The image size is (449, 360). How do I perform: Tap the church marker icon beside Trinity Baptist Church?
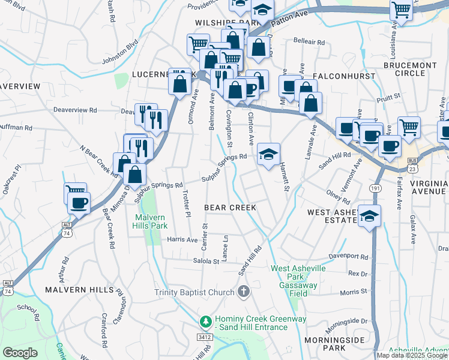[243, 293]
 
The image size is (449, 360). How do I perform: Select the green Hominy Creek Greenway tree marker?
[206, 322]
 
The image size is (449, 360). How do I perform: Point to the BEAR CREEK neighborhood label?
[230, 208]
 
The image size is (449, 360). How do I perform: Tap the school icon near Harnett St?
[268, 154]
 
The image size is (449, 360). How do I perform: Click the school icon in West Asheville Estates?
[369, 216]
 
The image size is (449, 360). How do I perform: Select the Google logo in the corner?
[20, 353]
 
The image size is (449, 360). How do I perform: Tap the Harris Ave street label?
[182, 239]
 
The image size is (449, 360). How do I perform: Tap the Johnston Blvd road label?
[121, 52]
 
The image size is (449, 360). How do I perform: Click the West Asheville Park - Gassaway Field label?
[298, 277]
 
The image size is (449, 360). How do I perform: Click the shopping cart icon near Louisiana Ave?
[401, 10]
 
